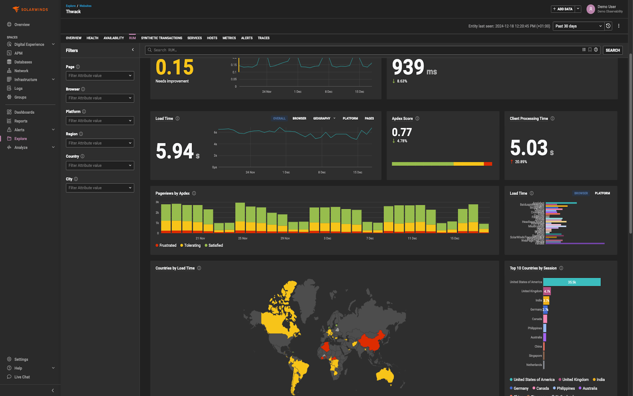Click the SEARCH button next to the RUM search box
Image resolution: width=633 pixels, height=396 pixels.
(612, 50)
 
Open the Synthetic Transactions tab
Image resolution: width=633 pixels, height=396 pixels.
(161, 38)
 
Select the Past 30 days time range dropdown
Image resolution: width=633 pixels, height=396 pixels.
(578, 26)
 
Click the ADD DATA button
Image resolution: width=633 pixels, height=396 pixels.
(563, 9)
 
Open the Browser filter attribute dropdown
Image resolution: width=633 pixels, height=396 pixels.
(100, 98)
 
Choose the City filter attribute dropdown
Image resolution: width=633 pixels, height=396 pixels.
(100, 188)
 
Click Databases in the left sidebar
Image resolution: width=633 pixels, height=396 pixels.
(23, 62)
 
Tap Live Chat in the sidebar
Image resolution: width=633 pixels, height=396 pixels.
(22, 377)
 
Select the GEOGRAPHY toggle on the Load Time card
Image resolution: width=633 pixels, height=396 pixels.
(322, 118)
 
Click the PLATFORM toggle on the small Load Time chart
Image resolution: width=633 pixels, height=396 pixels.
(602, 193)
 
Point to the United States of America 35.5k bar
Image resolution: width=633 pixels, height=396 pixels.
(572, 282)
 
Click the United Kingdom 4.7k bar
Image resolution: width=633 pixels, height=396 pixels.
(547, 291)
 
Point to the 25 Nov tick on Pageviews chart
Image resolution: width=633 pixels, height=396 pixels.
(243, 238)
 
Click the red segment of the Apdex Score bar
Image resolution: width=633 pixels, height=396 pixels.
(488, 164)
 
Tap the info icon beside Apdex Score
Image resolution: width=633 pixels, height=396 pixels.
(417, 118)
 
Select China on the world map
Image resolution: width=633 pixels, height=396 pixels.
(372, 340)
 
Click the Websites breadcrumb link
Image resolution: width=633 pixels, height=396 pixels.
(85, 6)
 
